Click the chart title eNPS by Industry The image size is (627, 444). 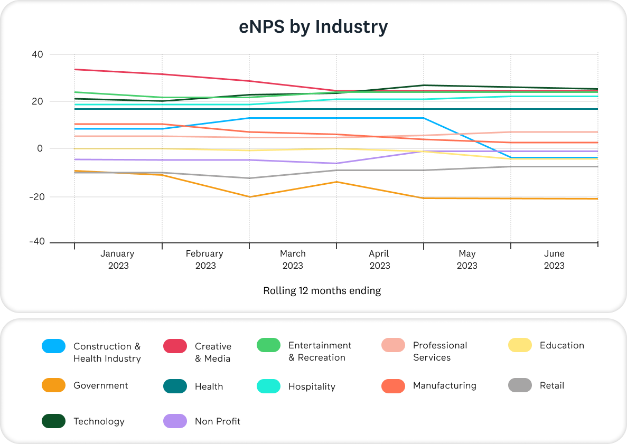point(313,27)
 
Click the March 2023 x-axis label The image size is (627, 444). point(293,259)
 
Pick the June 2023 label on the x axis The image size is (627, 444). point(554,259)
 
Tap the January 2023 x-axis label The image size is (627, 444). point(118,259)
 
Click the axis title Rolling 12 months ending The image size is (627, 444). point(322,290)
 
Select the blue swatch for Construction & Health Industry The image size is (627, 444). point(53,346)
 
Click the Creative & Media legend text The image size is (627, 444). point(213,352)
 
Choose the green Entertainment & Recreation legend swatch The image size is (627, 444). point(268,345)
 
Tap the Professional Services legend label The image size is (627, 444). point(439,351)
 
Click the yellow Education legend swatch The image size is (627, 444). point(520,345)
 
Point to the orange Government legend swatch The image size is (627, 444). point(53,385)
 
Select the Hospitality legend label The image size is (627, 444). point(312,386)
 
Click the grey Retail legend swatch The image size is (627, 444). point(520,385)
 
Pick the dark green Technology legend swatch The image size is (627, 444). point(53,421)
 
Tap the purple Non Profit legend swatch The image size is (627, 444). point(175,421)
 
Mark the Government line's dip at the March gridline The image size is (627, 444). point(249,197)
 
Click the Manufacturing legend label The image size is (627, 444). point(444,385)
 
